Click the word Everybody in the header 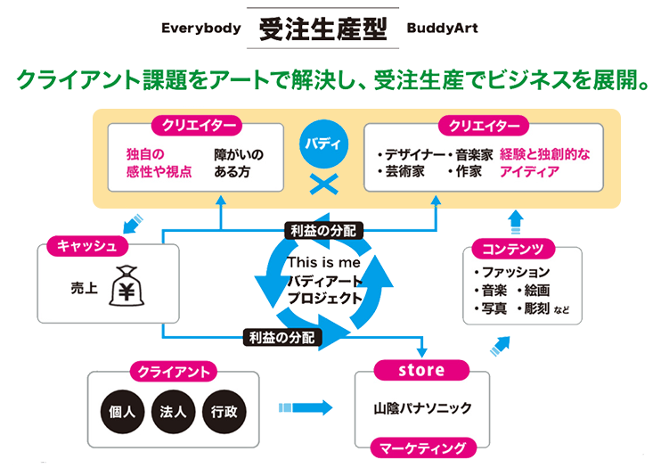tap(201, 29)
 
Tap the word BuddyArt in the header tap(443, 29)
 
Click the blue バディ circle tap(319, 144)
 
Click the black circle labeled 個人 tap(119, 413)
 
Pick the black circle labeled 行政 tap(223, 413)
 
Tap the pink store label tap(421, 369)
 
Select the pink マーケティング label tap(421, 447)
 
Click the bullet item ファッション tap(518, 272)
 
